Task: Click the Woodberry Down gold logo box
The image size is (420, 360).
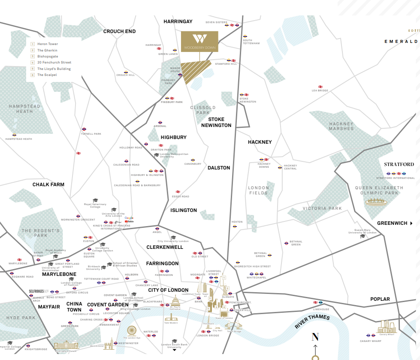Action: click(x=199, y=42)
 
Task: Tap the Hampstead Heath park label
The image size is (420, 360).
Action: click(x=24, y=109)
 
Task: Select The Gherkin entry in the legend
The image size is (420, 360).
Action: click(x=47, y=50)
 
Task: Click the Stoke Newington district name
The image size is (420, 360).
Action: click(x=220, y=122)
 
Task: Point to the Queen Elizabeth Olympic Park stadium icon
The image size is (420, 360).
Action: click(x=376, y=202)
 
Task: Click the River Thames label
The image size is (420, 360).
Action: click(x=312, y=322)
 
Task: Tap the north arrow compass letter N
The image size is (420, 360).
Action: click(x=315, y=337)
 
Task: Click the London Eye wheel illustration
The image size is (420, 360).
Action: click(x=132, y=330)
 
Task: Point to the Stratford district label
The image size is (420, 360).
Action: click(x=399, y=164)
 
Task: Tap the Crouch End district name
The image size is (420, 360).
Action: click(x=119, y=31)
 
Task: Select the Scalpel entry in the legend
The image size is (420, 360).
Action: click(x=47, y=75)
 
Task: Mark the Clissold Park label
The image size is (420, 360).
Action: click(x=202, y=110)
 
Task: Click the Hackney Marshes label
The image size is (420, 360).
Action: click(x=341, y=126)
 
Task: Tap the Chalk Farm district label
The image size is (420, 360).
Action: click(x=48, y=185)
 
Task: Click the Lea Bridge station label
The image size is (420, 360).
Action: click(x=320, y=91)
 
